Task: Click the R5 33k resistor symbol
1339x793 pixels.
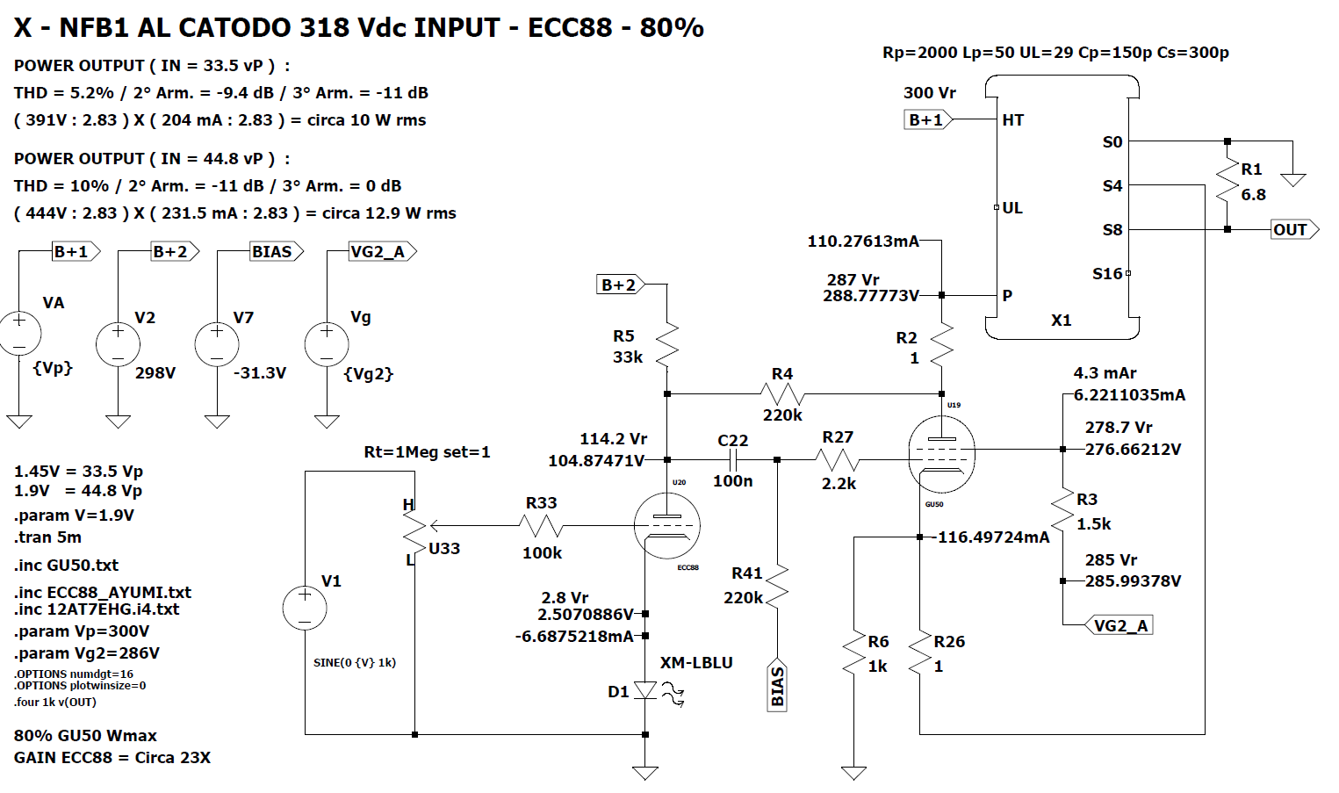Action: (667, 345)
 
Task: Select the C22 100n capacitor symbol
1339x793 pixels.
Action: (733, 459)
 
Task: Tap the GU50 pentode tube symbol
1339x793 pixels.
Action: (941, 454)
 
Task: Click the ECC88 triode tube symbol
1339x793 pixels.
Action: (666, 526)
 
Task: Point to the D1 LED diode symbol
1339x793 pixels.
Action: (645, 691)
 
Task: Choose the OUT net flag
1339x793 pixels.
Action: (1293, 230)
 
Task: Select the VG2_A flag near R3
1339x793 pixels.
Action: (1119, 625)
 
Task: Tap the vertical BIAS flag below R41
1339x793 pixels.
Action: (777, 685)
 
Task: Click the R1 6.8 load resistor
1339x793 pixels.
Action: (1227, 183)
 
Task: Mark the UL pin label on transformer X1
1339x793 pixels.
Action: (1012, 208)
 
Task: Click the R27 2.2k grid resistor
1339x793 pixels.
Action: (838, 459)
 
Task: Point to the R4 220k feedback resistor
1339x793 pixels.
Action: (782, 394)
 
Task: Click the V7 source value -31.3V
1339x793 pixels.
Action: (260, 373)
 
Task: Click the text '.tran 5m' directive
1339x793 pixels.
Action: (48, 537)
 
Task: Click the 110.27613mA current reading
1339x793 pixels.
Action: (863, 242)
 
